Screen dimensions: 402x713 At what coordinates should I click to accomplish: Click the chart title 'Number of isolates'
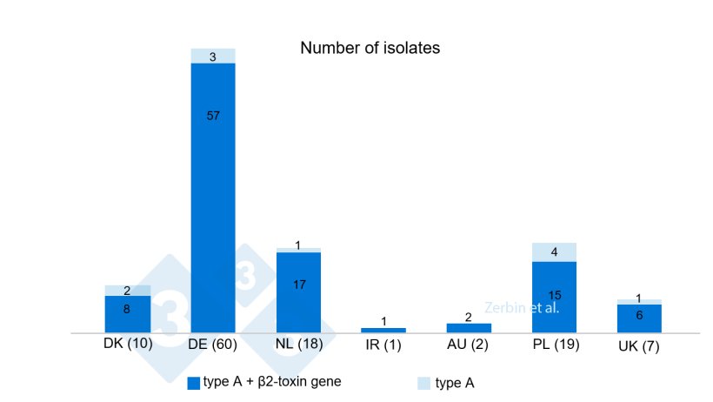click(370, 48)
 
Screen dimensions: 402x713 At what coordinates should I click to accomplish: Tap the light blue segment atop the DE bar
click(213, 56)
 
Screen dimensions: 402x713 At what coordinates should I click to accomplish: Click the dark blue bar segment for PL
click(554, 297)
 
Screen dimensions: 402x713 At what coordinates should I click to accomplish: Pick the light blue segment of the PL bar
click(554, 251)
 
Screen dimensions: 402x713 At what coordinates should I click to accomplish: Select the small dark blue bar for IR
click(383, 330)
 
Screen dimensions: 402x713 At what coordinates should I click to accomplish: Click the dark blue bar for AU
click(469, 328)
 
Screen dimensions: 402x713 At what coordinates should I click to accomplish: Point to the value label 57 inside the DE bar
click(213, 116)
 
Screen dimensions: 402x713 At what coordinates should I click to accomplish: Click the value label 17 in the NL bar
click(298, 285)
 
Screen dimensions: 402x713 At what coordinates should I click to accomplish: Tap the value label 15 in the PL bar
click(554, 295)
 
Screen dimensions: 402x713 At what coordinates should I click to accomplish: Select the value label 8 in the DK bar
click(127, 308)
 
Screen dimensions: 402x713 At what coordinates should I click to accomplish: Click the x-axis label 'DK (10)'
click(128, 343)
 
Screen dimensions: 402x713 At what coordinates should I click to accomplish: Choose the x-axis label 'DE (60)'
click(213, 345)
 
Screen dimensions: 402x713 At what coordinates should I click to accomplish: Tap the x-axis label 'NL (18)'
click(298, 344)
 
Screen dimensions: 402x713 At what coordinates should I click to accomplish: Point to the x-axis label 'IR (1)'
click(383, 345)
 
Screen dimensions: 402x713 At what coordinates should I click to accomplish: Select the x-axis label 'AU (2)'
click(469, 345)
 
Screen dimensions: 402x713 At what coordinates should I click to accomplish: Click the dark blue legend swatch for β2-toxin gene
click(194, 382)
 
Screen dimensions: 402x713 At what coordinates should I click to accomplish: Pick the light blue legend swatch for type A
click(424, 382)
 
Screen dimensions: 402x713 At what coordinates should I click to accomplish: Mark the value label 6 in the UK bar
click(639, 315)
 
